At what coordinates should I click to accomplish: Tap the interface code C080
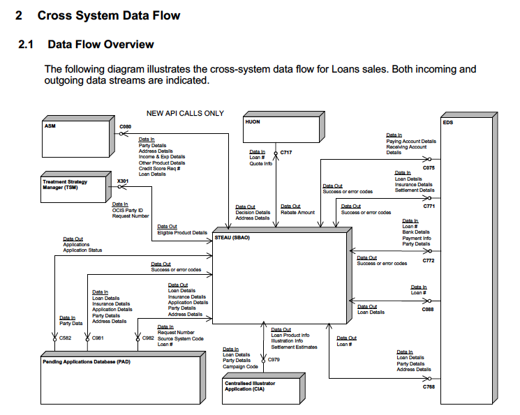(125, 126)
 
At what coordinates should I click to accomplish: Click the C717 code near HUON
(287, 151)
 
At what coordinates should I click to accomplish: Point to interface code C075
(429, 168)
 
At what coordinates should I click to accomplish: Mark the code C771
(429, 206)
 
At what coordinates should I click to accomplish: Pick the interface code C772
(429, 260)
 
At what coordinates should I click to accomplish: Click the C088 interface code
(428, 309)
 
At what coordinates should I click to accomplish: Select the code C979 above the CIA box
(274, 359)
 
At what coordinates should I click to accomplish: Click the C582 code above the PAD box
(65, 338)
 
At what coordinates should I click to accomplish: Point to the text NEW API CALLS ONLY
(185, 113)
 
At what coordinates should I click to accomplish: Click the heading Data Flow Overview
(101, 45)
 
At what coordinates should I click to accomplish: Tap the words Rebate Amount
(297, 212)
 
